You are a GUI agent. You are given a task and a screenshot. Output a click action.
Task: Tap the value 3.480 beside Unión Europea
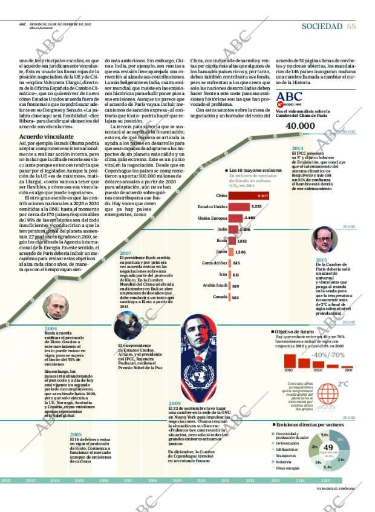pos(249,218)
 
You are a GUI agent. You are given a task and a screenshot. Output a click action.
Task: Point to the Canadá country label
pos(220,297)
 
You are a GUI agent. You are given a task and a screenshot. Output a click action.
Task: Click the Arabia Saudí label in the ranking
pos(215,286)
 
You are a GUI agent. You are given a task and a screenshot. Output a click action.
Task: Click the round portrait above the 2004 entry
pos(53,307)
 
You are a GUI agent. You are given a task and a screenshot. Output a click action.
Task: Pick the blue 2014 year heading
pos(298,148)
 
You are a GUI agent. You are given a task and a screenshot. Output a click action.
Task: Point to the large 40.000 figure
pos(301,125)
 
